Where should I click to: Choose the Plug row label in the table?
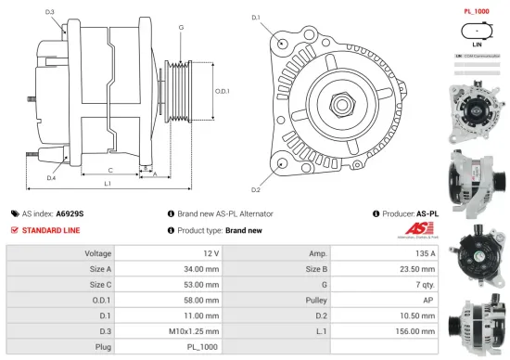101,347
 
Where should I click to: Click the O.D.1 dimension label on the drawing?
223,91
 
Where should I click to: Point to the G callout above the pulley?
181,28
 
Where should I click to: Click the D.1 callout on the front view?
256,18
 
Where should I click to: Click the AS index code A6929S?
70,212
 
